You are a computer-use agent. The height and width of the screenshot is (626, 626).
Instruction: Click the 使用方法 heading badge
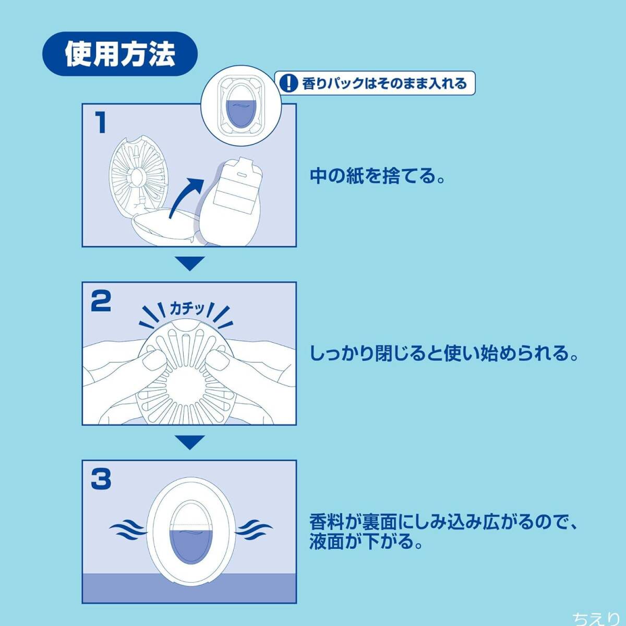click(x=119, y=54)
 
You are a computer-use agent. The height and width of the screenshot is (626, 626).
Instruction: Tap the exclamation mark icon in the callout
click(x=288, y=83)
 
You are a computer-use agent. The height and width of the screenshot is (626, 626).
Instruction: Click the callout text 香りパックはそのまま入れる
click(x=384, y=83)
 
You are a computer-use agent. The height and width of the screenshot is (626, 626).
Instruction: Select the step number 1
click(x=101, y=122)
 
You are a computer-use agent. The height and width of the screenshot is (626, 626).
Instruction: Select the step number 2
click(x=101, y=301)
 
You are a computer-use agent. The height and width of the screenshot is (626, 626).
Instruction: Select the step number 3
click(x=101, y=479)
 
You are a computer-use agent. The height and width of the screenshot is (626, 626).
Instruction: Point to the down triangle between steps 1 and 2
click(x=190, y=263)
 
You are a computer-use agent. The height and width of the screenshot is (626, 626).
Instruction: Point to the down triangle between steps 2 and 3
click(x=190, y=442)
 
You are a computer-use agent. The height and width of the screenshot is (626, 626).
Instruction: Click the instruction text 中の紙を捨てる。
click(x=377, y=176)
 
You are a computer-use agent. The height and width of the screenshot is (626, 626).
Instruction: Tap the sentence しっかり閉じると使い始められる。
click(x=444, y=354)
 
